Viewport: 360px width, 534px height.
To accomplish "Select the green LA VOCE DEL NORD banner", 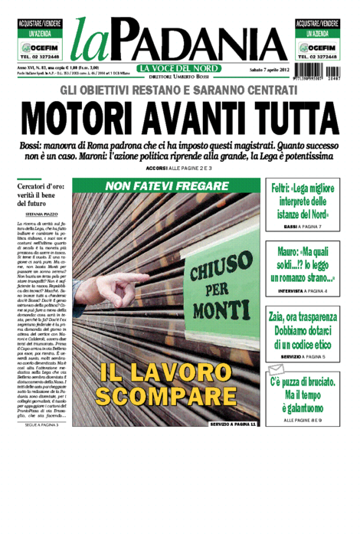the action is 179,68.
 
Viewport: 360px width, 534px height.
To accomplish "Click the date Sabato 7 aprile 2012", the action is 260,70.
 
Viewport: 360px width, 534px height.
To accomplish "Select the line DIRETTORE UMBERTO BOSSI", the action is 179,77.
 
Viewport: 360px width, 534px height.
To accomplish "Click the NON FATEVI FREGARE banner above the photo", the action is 167,186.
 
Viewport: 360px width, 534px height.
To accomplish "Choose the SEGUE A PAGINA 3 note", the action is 42,424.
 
